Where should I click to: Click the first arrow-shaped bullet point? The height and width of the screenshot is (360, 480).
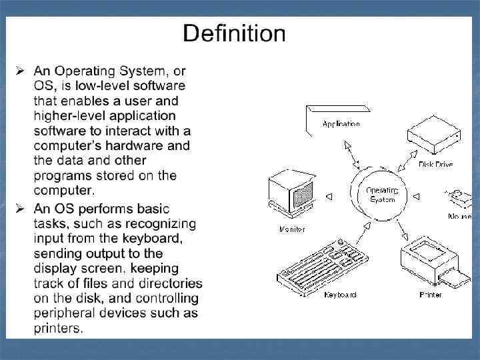coord(21,70)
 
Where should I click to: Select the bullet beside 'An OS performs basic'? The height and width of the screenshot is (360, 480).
coord(21,207)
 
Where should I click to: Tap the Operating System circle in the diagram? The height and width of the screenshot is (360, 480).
coord(381,195)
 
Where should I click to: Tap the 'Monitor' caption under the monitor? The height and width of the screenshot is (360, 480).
coord(293,230)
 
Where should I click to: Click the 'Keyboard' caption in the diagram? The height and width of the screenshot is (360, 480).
coord(341,295)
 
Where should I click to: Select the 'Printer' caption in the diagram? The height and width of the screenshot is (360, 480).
coord(430,295)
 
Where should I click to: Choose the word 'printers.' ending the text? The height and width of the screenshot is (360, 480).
coord(59,328)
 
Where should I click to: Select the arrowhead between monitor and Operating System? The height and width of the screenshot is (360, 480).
coord(328,195)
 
